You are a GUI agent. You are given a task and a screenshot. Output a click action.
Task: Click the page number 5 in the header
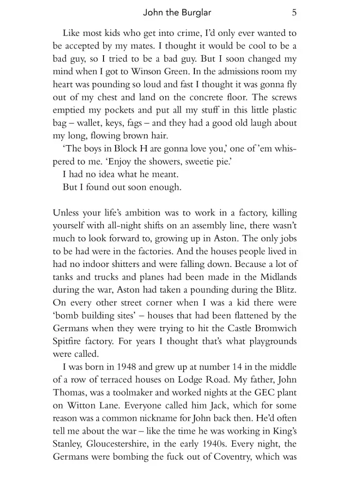[x=294, y=13]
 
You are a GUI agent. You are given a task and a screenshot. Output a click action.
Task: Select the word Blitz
[x=285, y=290]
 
